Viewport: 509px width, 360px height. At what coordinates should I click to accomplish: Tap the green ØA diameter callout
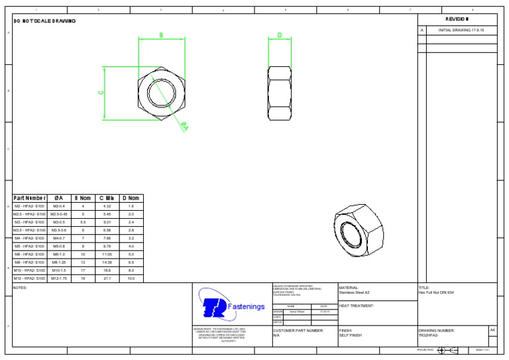coord(184,127)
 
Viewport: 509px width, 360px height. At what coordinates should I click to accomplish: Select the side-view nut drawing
coord(279,93)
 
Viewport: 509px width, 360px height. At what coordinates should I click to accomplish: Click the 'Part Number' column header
coord(30,198)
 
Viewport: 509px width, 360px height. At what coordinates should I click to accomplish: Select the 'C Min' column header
coord(107,198)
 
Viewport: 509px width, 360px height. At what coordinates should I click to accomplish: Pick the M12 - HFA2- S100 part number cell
coord(30,278)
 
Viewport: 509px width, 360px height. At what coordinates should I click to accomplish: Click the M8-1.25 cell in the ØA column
coord(59,263)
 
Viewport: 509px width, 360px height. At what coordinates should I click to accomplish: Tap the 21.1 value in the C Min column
coord(107,278)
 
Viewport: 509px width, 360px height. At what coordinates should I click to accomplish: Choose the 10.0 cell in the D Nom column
coord(131,278)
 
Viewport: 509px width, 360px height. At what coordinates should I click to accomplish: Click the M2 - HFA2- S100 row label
coord(30,206)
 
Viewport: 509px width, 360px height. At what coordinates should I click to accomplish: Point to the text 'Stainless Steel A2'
coord(355,292)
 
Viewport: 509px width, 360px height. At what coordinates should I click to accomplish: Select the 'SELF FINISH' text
coord(351,335)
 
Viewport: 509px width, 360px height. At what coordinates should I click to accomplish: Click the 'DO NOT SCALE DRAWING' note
coord(44,21)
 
